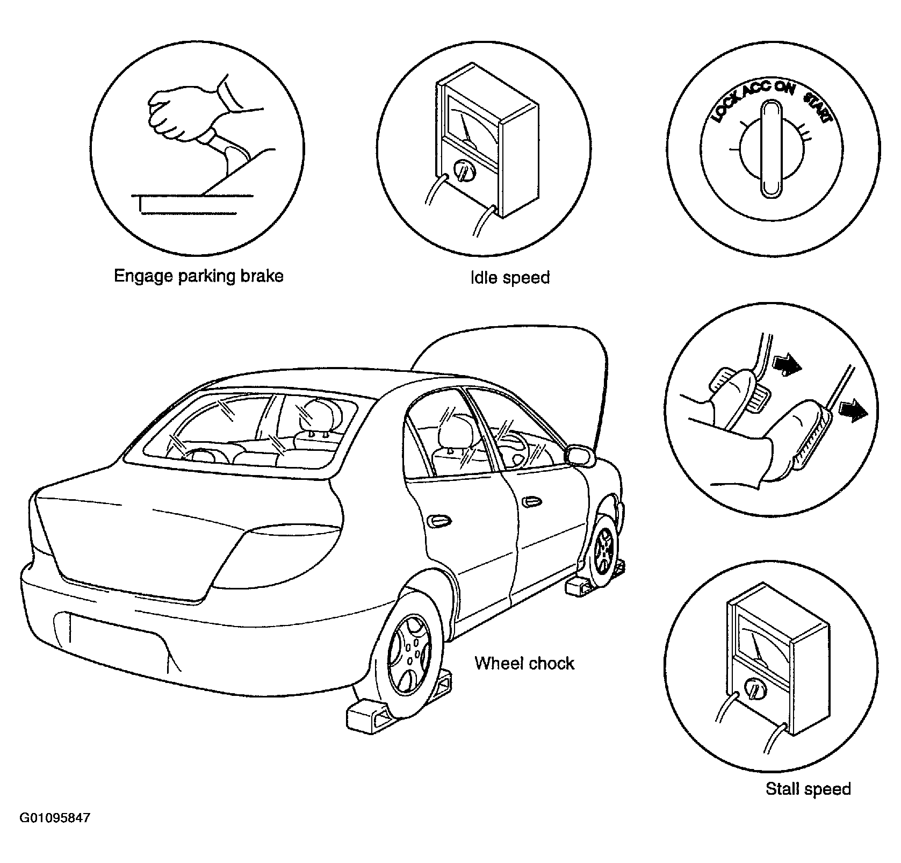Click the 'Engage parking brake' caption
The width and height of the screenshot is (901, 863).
198,276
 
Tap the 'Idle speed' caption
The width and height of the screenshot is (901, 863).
510,277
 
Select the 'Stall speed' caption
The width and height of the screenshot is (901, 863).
808,789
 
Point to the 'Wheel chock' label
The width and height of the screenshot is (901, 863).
524,663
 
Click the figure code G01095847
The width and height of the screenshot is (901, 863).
55,819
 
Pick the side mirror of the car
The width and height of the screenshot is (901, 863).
581,454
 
